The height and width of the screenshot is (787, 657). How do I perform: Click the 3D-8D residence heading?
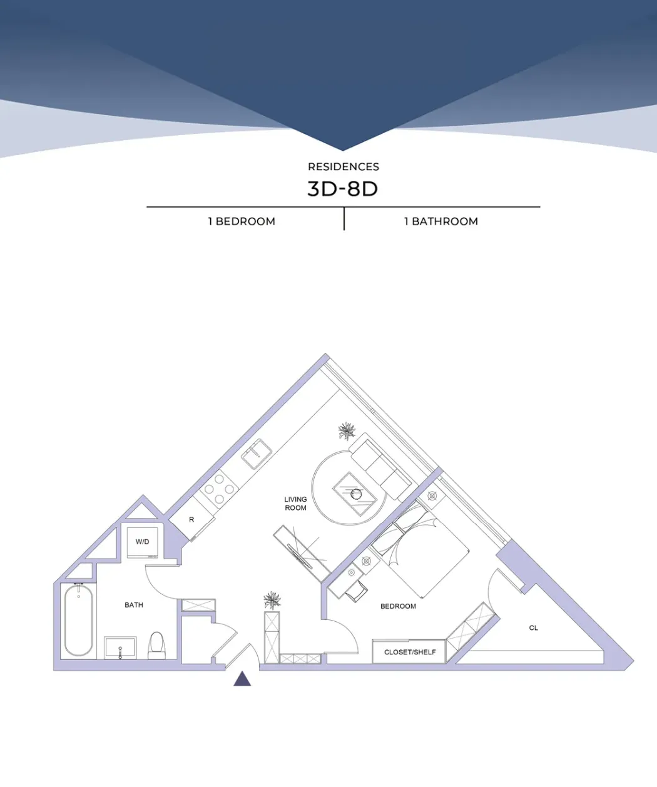pyautogui.click(x=343, y=188)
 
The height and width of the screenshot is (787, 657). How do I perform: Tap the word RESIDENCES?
pyautogui.click(x=343, y=166)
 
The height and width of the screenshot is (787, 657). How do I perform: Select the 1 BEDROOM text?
pyautogui.click(x=242, y=221)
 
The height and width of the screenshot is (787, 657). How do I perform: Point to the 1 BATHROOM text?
pyautogui.click(x=441, y=221)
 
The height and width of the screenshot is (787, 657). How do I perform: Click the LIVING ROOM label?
pyautogui.click(x=295, y=504)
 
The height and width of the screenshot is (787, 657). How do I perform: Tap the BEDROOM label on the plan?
pyautogui.click(x=398, y=606)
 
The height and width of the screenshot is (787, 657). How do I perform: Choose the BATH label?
pyautogui.click(x=134, y=605)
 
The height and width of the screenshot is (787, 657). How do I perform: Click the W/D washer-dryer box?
pyautogui.click(x=143, y=541)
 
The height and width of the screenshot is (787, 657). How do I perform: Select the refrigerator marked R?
pyautogui.click(x=191, y=520)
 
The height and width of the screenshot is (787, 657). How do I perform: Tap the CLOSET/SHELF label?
pyautogui.click(x=410, y=652)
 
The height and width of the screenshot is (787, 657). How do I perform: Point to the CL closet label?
pyautogui.click(x=533, y=628)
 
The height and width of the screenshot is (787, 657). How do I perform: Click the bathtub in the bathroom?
pyautogui.click(x=79, y=620)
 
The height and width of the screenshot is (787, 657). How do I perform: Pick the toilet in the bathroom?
pyautogui.click(x=156, y=645)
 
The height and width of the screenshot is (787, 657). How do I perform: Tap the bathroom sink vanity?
pyautogui.click(x=120, y=647)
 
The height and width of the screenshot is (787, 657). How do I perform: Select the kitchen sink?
pyautogui.click(x=257, y=453)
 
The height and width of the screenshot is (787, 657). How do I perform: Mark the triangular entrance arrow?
pyautogui.click(x=242, y=679)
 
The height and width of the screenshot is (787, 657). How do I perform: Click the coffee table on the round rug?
pyautogui.click(x=354, y=494)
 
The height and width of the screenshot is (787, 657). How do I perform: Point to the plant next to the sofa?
pyautogui.click(x=347, y=430)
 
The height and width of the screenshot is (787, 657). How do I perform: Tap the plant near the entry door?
pyautogui.click(x=272, y=601)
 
